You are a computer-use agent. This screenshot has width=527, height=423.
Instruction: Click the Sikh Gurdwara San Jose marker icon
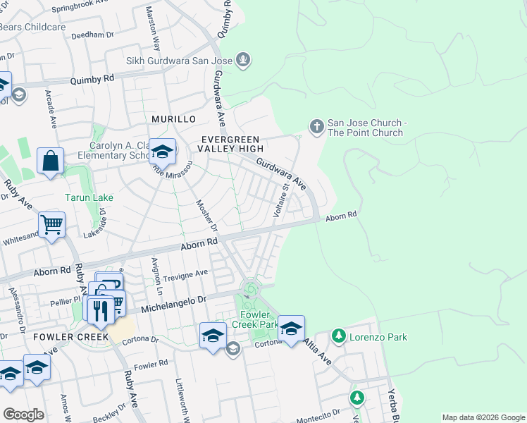tap(243, 60)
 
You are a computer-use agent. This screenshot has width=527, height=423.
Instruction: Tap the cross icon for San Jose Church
tap(316, 126)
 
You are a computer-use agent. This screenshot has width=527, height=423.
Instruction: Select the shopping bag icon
tap(51, 161)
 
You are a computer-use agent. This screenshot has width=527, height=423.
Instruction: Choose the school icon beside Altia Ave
tap(291, 328)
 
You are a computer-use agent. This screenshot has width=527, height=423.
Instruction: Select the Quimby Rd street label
tap(92, 80)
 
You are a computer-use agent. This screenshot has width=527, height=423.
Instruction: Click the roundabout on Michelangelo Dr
tap(249, 288)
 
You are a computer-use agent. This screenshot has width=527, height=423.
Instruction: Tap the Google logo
tap(23, 415)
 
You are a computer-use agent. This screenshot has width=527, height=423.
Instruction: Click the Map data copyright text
tap(483, 417)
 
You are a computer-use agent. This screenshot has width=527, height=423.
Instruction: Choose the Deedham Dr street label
tap(88, 34)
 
